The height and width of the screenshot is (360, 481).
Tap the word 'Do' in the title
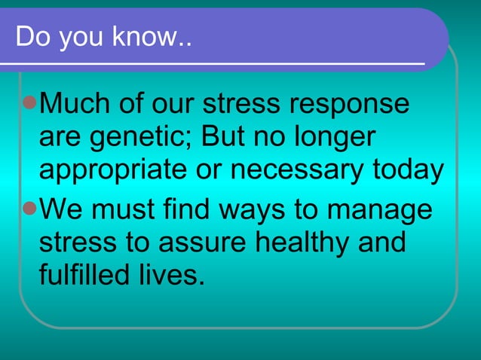click(x=30, y=37)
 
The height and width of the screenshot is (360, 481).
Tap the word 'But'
click(x=224, y=138)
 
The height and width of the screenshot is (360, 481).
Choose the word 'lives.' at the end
click(x=176, y=276)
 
